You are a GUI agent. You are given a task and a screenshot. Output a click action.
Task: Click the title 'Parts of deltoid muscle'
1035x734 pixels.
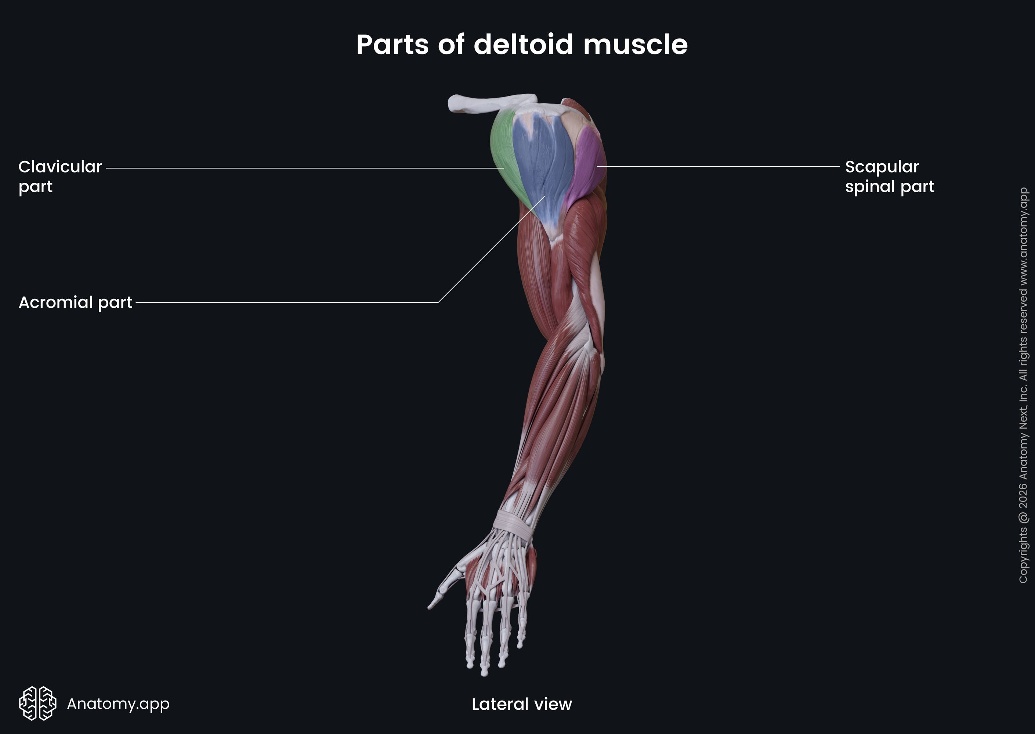coord(521,45)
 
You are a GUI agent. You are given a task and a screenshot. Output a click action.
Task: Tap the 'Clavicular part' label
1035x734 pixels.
coord(60,176)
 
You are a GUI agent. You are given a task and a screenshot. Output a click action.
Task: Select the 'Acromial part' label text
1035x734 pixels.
coord(75,302)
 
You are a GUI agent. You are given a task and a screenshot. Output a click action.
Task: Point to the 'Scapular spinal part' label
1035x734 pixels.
coord(889,176)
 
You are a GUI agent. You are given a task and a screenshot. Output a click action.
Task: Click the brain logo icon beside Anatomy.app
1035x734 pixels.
coord(37,703)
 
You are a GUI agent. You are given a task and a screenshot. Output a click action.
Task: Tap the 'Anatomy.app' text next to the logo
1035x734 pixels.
coord(118,704)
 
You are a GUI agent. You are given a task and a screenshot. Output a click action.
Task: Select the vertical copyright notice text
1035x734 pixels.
coord(1023,384)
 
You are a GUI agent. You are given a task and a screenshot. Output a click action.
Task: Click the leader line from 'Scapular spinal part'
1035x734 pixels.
coord(719,166)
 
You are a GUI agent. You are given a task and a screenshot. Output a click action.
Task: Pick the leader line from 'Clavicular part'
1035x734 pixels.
coord(303,168)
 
